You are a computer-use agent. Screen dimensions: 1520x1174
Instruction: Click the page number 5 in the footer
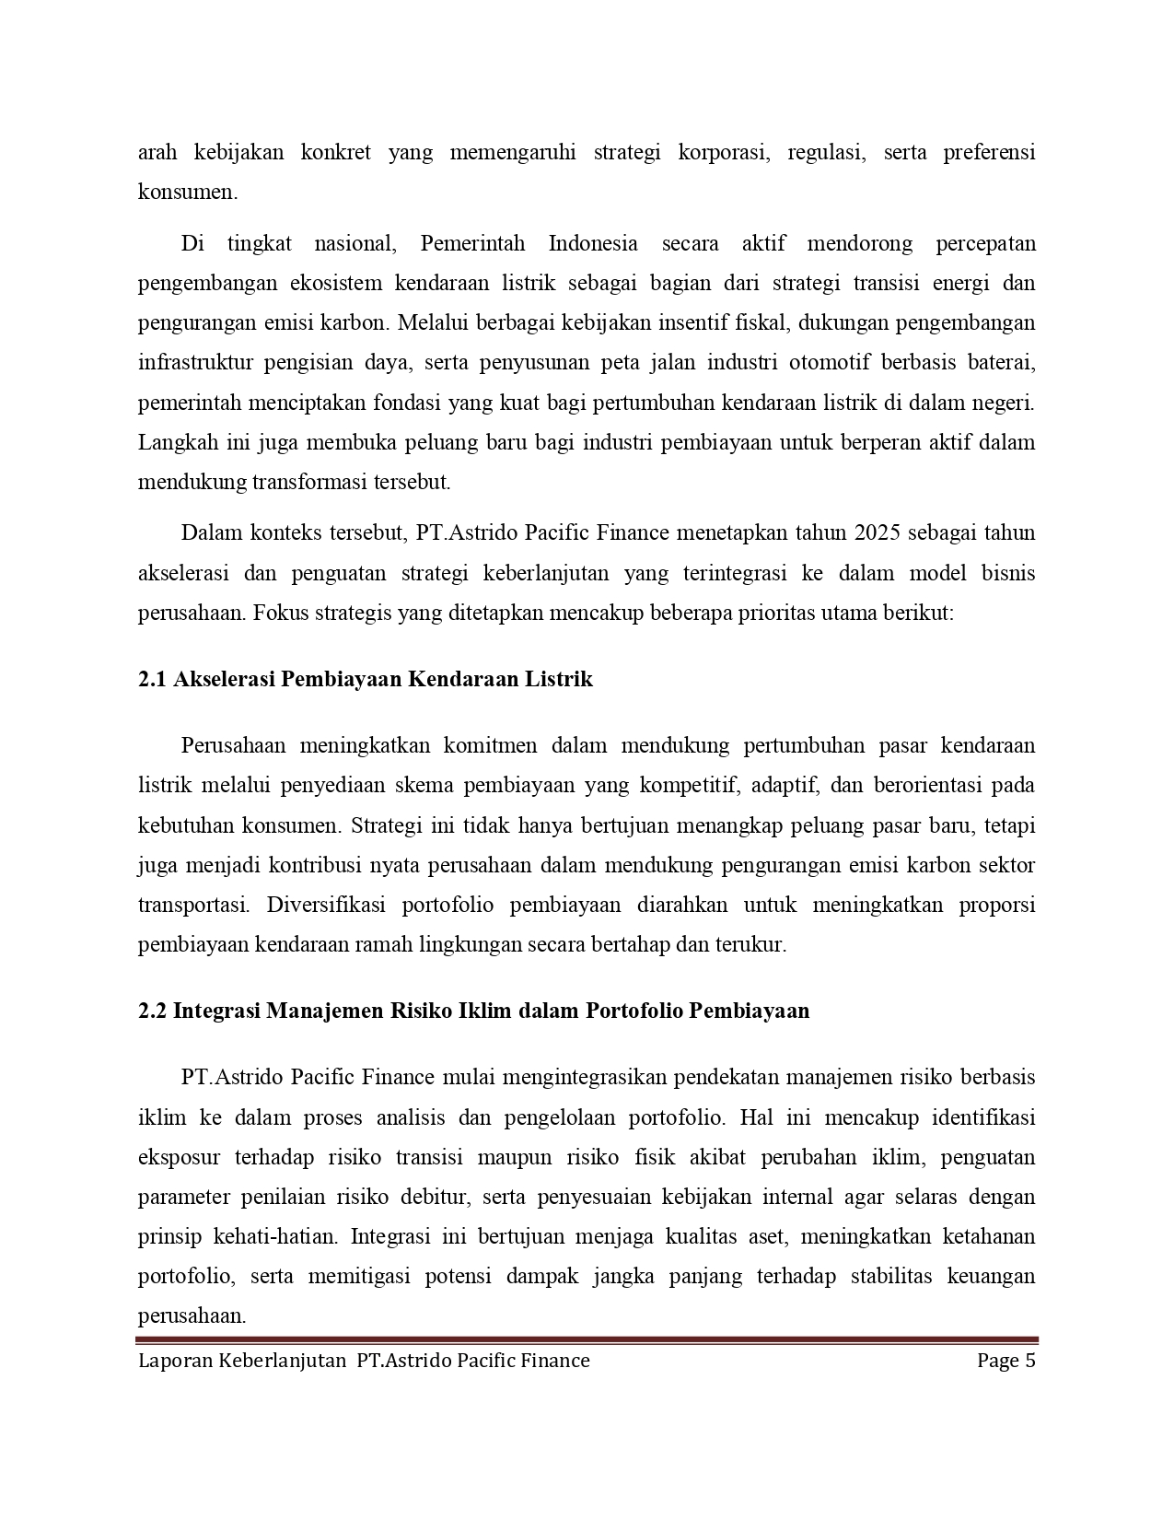pos(1030,1361)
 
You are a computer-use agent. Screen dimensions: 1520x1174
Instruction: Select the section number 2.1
pos(151,680)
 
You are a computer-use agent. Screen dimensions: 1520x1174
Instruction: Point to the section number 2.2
pos(152,1011)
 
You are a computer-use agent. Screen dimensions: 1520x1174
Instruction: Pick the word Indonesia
pos(593,244)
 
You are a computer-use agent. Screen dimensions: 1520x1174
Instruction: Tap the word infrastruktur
pos(194,362)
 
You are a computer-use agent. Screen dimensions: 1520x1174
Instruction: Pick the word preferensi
pos(989,152)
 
